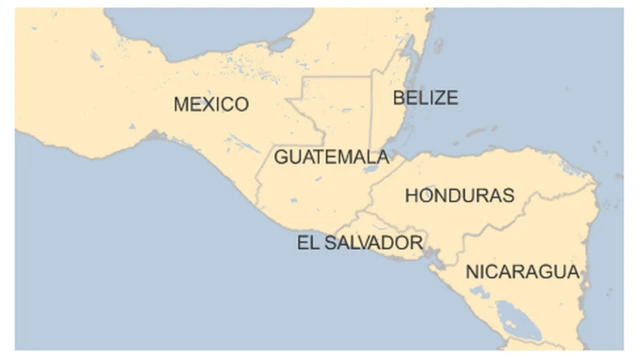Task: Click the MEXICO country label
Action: point(210,104)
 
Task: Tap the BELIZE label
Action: point(425,97)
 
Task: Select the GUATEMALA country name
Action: point(331,157)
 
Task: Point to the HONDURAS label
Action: point(459,196)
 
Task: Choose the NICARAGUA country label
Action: point(522,272)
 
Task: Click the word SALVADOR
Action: point(373,243)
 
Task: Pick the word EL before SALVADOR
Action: point(307,243)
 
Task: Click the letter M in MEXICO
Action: point(182,104)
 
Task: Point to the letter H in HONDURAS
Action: point(411,196)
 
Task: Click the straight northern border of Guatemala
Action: point(336,76)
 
